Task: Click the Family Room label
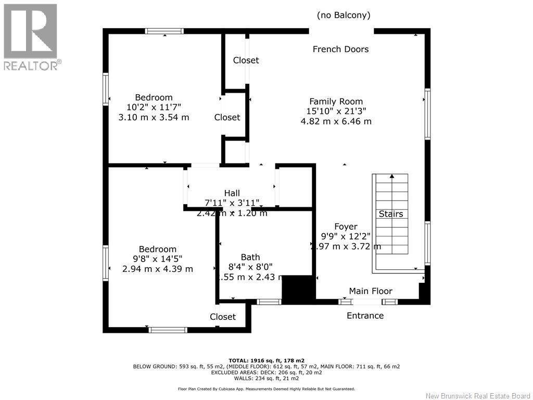click(x=336, y=102)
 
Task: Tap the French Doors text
click(x=340, y=49)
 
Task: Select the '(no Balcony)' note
click(x=344, y=16)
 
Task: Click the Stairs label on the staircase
click(x=390, y=214)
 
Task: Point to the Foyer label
click(x=346, y=227)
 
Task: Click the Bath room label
click(x=250, y=257)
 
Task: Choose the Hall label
click(x=232, y=193)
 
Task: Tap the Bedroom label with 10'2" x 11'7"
click(x=154, y=97)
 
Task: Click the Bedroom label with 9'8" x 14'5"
click(x=157, y=249)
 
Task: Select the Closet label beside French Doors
click(x=246, y=60)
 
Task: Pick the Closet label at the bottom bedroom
click(x=223, y=317)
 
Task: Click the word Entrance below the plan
click(x=365, y=316)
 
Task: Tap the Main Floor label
click(x=371, y=291)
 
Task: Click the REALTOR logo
click(x=31, y=36)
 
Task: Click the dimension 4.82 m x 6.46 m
click(x=336, y=121)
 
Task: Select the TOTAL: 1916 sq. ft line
click(x=266, y=360)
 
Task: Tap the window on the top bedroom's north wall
click(x=164, y=31)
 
